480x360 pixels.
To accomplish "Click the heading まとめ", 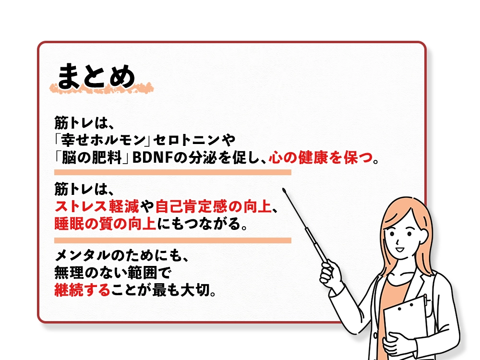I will tap(96, 75).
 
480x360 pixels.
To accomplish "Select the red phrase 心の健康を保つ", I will tap(321, 157).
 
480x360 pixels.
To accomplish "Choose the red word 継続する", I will tap(83, 290).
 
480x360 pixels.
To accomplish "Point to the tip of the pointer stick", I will tap(284, 190).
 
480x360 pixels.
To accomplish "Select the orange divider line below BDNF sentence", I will tap(173, 172).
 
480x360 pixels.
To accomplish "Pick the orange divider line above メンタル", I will tap(173, 240).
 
